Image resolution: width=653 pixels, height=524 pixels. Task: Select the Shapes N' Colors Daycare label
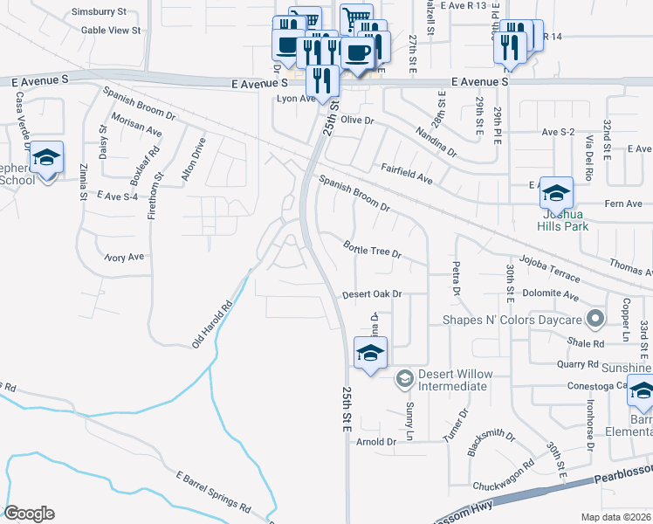(512, 320)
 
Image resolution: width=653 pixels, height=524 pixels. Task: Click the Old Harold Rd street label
(213, 322)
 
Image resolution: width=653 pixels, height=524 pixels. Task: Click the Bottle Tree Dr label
(371, 249)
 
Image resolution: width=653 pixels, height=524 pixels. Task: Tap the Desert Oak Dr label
(371, 294)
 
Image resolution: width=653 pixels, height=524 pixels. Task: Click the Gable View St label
(111, 30)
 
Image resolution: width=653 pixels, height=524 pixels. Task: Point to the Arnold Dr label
(376, 442)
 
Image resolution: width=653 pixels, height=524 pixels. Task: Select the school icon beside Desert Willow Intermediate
(370, 354)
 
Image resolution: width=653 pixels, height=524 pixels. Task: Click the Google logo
(29, 514)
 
